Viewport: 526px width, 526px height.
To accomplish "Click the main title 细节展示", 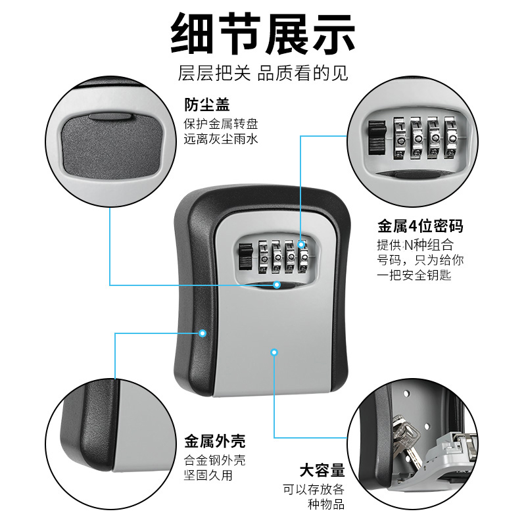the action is (263, 34).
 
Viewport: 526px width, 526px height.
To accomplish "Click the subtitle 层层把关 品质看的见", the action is (263, 73).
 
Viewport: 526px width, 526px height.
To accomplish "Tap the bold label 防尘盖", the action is (206, 105).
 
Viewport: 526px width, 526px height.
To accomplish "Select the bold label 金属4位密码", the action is (419, 227).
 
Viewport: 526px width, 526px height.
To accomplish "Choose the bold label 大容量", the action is (322, 471).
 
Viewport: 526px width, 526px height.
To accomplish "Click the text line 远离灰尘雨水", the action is (220, 139).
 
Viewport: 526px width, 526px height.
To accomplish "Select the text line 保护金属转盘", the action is (220, 124).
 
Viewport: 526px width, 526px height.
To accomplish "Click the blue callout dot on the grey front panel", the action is (274, 353).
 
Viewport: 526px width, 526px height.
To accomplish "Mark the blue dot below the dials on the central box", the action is (277, 285).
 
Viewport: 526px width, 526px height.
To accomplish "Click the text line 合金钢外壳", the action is (214, 460).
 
